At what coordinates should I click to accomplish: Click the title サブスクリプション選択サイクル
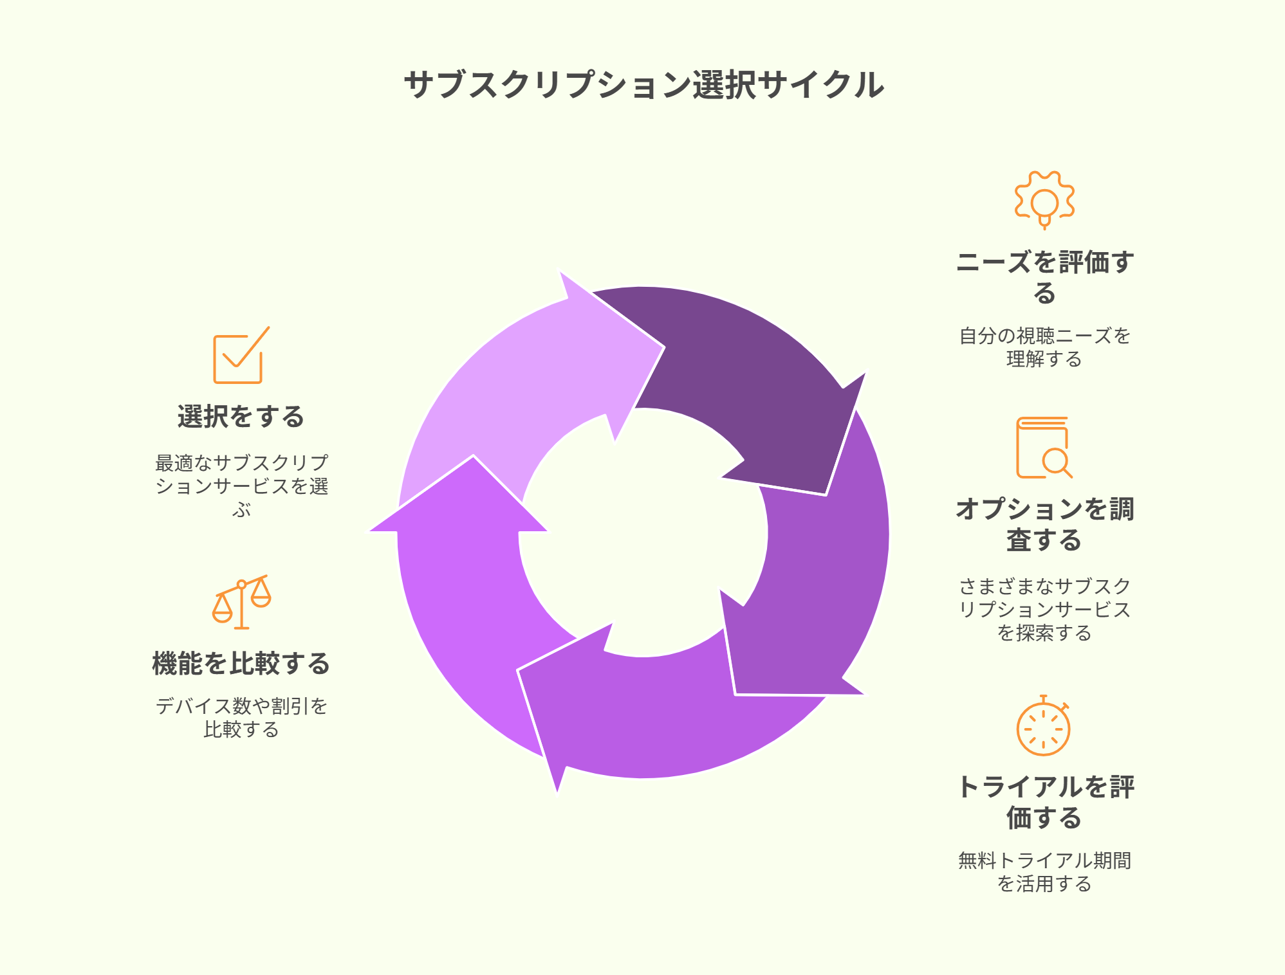[x=643, y=85]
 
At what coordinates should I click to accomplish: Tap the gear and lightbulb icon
[x=1044, y=200]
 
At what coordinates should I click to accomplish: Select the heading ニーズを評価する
[x=1044, y=277]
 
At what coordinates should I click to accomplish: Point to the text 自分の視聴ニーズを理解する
[x=1044, y=347]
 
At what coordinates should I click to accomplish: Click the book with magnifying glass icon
[x=1044, y=448]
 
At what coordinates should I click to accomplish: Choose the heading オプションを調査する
[x=1044, y=524]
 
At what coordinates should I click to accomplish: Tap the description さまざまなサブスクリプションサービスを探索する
[x=1044, y=609]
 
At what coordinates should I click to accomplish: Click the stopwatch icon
[x=1043, y=725]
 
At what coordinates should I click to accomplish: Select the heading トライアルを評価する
[x=1044, y=802]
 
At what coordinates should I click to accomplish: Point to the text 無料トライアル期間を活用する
[x=1044, y=872]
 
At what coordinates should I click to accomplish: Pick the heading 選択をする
[x=241, y=417]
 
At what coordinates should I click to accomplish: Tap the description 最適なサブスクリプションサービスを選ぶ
[x=241, y=486]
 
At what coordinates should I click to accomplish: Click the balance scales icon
[x=241, y=602]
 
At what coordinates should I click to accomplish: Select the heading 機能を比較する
[x=241, y=664]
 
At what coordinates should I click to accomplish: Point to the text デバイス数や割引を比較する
[x=241, y=718]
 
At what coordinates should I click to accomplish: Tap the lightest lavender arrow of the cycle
[x=515, y=386]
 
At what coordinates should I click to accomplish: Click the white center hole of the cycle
[x=643, y=533]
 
